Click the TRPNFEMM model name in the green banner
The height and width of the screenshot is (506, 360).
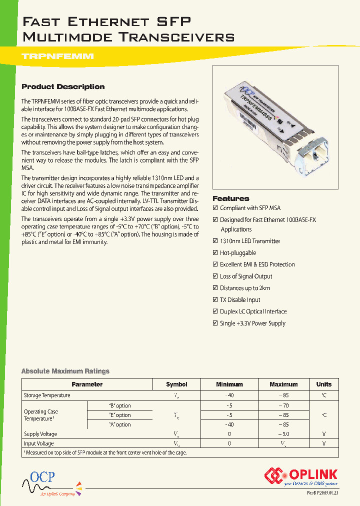coord(57,57)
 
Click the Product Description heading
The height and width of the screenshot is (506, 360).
coord(63,86)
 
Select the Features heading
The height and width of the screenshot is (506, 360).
coord(230,198)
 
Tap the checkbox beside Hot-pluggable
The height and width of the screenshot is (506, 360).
coord(215,253)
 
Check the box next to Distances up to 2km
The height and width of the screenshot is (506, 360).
coord(215,288)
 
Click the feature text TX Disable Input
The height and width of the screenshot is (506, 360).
coord(240,300)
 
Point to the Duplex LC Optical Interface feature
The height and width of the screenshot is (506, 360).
coord(253,311)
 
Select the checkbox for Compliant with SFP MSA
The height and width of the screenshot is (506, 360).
coord(215,208)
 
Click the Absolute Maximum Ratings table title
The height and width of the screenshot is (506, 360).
coord(65,371)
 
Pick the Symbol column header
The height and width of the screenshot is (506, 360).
coord(176,384)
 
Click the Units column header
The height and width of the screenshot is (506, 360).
coord(323,384)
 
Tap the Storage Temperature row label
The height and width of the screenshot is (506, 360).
coord(47,395)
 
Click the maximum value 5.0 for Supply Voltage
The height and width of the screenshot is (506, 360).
coord(283,434)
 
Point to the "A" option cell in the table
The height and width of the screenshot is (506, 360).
coord(119,424)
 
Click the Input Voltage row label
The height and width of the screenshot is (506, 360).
coord(39,443)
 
